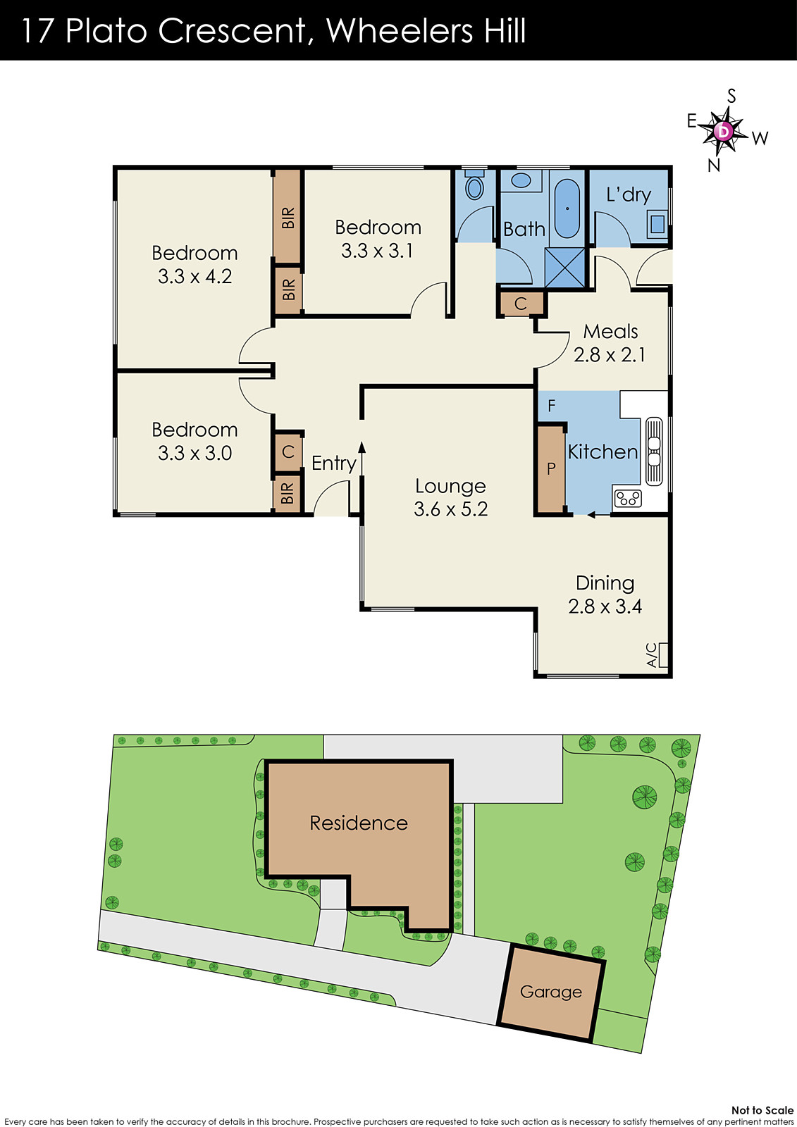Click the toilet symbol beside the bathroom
[475, 187]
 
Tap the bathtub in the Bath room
[567, 209]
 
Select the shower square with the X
[565, 267]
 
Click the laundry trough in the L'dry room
[657, 224]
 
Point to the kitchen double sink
[654, 452]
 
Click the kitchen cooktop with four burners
[627, 499]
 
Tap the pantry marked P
[551, 468]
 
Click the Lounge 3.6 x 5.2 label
[451, 497]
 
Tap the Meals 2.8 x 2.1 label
[610, 343]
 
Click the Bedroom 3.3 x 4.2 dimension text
[194, 276]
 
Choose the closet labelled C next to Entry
[288, 452]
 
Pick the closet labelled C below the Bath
[521, 304]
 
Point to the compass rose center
[723, 132]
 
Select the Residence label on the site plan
[359, 823]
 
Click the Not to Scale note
[762, 1110]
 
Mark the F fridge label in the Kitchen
[552, 406]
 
